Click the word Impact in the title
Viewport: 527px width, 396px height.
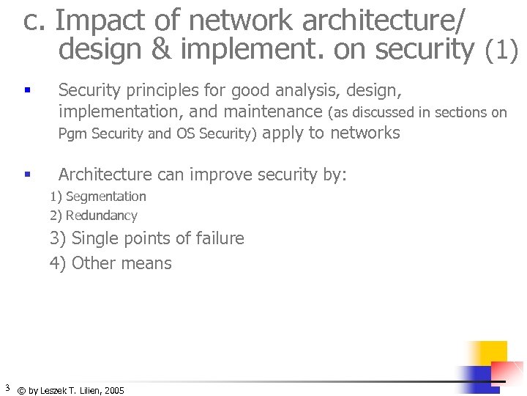95,21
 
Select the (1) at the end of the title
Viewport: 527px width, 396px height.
502,50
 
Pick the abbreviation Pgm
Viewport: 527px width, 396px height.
72,134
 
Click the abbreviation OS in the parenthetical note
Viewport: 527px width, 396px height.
186,133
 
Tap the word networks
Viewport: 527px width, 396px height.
365,133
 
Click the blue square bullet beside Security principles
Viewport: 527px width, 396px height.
26,92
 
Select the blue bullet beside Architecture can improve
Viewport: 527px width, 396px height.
26,175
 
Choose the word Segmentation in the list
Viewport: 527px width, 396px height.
106,197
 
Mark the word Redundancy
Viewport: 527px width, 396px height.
102,216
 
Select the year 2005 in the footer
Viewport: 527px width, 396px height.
114,391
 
